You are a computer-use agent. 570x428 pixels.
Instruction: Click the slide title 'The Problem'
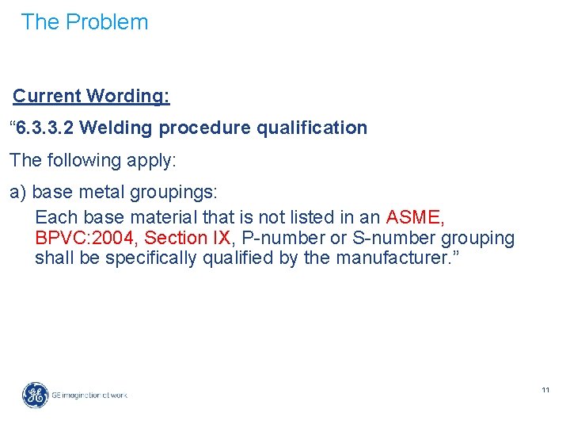point(85,22)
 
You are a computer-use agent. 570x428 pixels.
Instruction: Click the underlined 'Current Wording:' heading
point(91,96)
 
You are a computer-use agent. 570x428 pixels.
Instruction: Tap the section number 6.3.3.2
point(45,128)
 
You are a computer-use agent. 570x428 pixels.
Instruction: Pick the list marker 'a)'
point(18,193)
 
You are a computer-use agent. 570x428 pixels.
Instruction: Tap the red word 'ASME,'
point(415,216)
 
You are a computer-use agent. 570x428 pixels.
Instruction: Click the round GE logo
point(35,394)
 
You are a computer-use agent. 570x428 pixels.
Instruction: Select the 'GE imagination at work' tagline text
point(89,395)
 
